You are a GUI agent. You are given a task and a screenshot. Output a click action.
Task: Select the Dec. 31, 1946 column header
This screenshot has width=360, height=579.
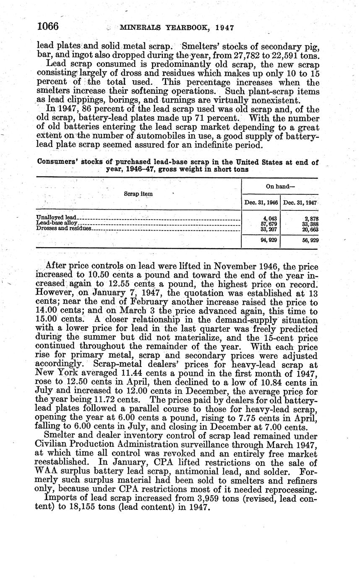pyautogui.click(x=261, y=203)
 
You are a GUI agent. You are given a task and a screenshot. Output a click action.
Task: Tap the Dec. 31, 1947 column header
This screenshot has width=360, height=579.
pyautogui.click(x=300, y=203)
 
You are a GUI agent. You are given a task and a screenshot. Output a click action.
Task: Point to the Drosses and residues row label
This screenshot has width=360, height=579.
pyautogui.click(x=63, y=228)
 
